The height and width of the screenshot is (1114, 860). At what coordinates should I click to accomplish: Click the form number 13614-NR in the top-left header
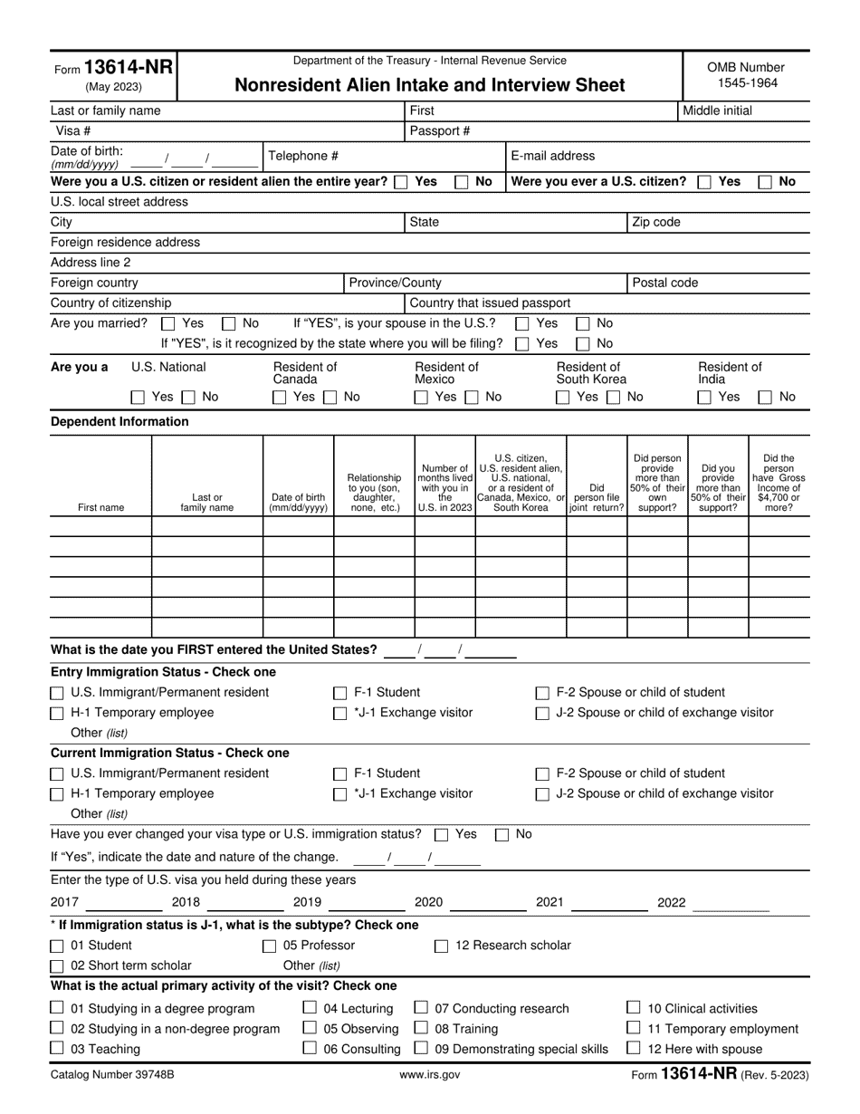tap(112, 68)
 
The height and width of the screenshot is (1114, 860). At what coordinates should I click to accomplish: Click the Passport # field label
tap(440, 130)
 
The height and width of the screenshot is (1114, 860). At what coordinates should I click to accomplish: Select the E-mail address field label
tap(553, 156)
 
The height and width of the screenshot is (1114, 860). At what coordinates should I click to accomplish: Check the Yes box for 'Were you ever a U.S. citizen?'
tap(704, 182)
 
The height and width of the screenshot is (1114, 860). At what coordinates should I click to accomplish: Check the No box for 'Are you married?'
tap(230, 323)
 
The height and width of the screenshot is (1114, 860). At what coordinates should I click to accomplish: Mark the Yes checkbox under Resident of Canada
tap(280, 397)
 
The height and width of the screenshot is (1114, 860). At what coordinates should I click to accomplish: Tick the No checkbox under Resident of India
tap(764, 397)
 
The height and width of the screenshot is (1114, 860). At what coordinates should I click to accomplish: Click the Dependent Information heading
tap(119, 422)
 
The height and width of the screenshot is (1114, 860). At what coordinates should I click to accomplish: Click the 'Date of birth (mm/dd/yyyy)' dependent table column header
tap(299, 502)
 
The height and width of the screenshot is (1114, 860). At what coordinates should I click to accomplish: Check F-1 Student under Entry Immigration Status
tap(340, 693)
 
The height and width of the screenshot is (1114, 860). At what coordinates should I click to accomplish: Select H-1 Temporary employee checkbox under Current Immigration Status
tap(57, 794)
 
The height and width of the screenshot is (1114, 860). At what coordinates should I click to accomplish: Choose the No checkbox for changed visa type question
tap(502, 834)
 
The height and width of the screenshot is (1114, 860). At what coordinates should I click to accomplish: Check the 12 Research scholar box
tap(442, 946)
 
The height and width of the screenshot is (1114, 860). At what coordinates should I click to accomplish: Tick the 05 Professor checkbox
tap(269, 946)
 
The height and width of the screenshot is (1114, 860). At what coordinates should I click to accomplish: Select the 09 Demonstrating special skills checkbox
tap(421, 1049)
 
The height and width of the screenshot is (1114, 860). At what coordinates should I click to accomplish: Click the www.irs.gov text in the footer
tap(429, 1075)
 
